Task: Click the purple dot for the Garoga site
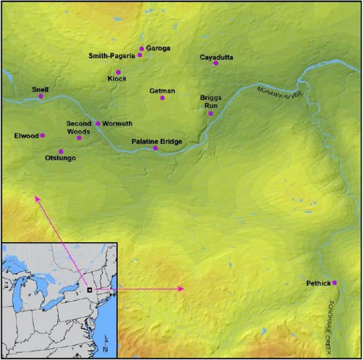point(142,49)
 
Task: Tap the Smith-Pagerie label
point(112,55)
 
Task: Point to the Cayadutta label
point(217,57)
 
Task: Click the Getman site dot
point(162,98)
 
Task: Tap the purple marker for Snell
point(41,96)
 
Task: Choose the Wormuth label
point(117,124)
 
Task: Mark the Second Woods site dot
point(79,137)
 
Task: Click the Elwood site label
point(26,136)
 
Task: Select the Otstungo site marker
point(61,151)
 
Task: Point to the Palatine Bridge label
point(157,142)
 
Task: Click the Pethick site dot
point(334,283)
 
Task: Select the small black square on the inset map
point(89,289)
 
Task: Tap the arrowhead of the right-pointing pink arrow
point(181,289)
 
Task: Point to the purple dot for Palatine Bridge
point(156,148)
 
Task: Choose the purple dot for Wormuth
point(98,124)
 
